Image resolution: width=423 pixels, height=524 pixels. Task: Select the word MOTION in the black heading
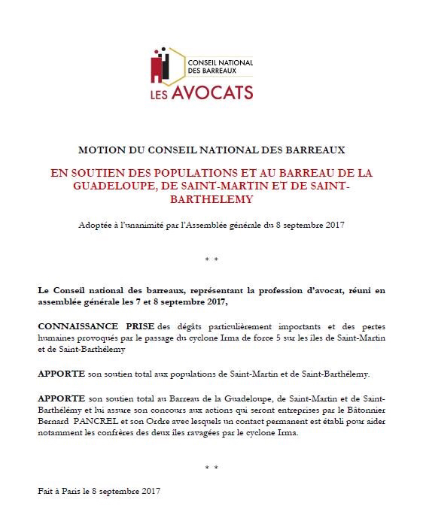tap(99, 150)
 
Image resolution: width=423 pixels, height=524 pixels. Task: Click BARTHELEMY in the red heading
tap(211, 199)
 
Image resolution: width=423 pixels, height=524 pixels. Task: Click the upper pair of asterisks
tap(211, 259)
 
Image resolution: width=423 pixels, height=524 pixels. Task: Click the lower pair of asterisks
tap(211, 468)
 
